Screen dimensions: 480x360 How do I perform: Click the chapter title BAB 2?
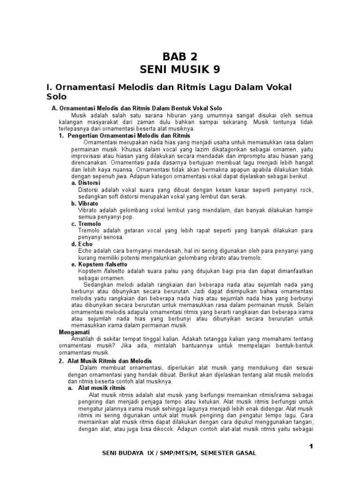(x=180, y=57)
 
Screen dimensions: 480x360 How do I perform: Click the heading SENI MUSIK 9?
(x=180, y=70)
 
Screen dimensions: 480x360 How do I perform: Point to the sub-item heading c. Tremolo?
(x=86, y=224)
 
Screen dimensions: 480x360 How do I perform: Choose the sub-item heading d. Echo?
(x=82, y=244)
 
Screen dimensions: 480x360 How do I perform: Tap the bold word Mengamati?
(x=74, y=332)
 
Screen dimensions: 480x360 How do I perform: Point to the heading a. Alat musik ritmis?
(x=97, y=388)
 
